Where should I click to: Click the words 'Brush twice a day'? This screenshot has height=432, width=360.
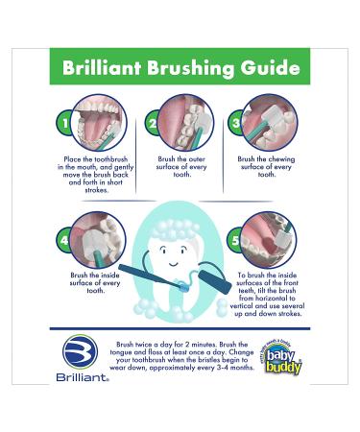tap(144, 343)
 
